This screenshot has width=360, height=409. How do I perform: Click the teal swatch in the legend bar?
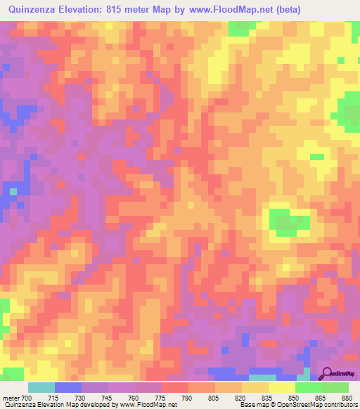click(41, 387)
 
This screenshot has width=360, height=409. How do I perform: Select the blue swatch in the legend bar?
click(68, 387)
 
